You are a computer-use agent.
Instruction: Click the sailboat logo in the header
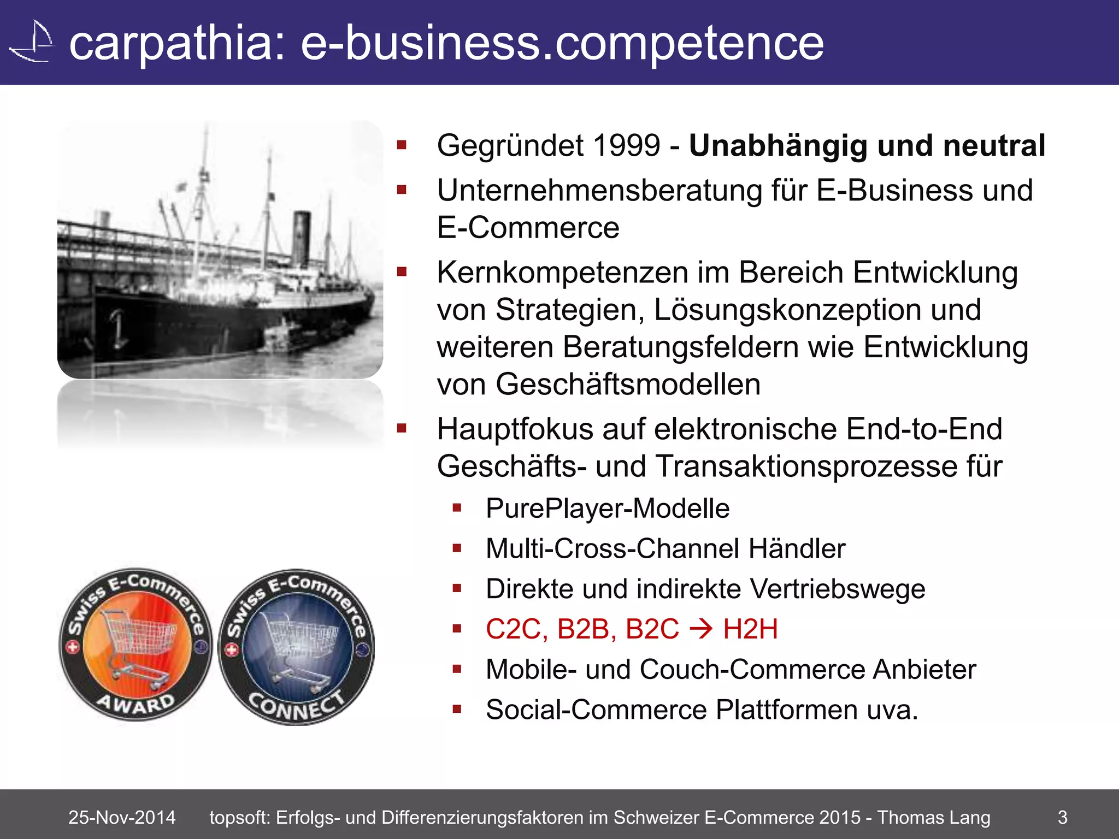tap(33, 43)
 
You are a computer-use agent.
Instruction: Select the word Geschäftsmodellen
tap(628, 384)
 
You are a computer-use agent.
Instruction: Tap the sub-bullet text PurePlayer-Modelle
tap(608, 509)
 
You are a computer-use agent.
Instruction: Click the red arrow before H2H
tap(701, 629)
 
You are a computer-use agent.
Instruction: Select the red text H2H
tap(750, 629)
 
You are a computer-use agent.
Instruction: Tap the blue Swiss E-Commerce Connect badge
tap(297, 647)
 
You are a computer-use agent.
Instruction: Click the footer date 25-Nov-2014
tap(122, 817)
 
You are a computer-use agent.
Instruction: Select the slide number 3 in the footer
tap(1062, 817)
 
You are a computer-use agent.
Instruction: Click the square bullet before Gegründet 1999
tap(402, 145)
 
